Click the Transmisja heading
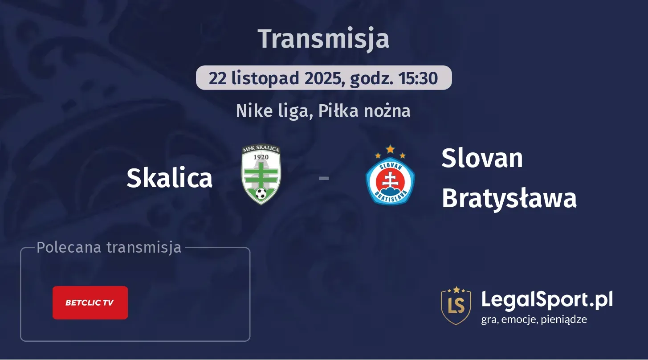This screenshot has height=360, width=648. click(324, 39)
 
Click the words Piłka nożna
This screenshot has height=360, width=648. click(365, 110)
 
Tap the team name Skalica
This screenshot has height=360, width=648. click(169, 178)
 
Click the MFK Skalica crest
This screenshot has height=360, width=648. click(261, 175)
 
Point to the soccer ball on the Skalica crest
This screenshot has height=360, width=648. click(261, 193)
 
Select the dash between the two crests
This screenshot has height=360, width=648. click(324, 179)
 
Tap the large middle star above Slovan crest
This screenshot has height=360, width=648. click(390, 148)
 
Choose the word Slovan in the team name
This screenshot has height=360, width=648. click(482, 158)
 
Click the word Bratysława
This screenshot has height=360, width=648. click(509, 198)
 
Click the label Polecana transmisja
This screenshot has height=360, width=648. click(109, 247)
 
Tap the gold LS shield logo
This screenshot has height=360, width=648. click(456, 305)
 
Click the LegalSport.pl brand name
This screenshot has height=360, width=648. click(547, 299)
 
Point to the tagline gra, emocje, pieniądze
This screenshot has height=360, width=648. click(534, 319)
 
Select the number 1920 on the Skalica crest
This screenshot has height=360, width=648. click(261, 157)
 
